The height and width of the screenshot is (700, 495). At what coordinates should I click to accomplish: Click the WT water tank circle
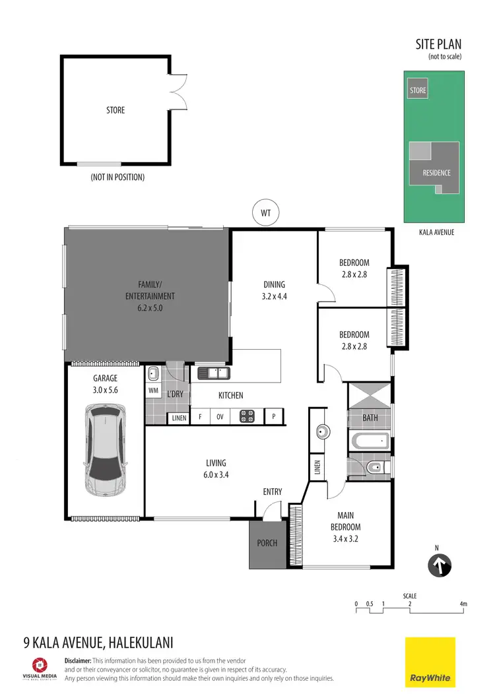point(266,213)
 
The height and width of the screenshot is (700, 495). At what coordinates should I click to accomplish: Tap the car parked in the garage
point(105,451)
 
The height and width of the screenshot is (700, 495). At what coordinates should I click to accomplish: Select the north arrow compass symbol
point(440,565)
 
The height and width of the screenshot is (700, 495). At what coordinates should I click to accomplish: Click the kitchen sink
point(213,373)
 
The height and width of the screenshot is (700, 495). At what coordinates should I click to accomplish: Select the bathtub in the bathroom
point(370,440)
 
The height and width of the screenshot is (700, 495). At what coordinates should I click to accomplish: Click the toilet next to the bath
point(372,468)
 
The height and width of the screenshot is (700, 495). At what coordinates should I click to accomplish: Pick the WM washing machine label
point(153,391)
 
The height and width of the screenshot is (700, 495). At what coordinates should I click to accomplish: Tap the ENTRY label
point(272,492)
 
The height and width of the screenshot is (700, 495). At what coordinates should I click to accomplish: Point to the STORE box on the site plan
point(418,90)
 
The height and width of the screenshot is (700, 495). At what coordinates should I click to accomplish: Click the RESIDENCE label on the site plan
point(436,173)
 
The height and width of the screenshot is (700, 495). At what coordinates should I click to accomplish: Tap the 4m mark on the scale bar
point(463,604)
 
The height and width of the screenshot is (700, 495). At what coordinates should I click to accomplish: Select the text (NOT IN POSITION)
point(117,177)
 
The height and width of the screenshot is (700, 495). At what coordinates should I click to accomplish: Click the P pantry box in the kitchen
point(274,417)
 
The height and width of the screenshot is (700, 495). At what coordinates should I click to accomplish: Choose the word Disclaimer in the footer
point(77,660)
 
